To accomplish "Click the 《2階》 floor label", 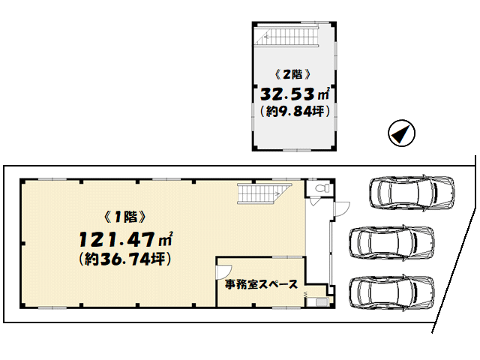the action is (x=293, y=74).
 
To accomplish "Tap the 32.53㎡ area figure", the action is (x=295, y=94).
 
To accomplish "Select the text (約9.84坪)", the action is (x=295, y=112).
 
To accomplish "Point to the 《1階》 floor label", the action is (x=125, y=217).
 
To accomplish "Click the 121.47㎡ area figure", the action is (x=126, y=239).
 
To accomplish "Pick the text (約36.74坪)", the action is (x=125, y=259).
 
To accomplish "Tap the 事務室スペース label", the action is (x=261, y=285).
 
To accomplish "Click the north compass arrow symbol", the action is (x=401, y=133).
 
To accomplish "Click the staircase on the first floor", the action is (x=264, y=193).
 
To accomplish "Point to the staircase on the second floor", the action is (x=287, y=37).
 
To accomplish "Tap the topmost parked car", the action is (x=412, y=193).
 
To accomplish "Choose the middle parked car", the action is (x=391, y=243).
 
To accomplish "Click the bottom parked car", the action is (x=391, y=293).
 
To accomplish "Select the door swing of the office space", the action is (x=223, y=271).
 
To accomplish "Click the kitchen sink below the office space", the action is (x=321, y=302).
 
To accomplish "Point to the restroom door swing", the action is (x=314, y=202).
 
